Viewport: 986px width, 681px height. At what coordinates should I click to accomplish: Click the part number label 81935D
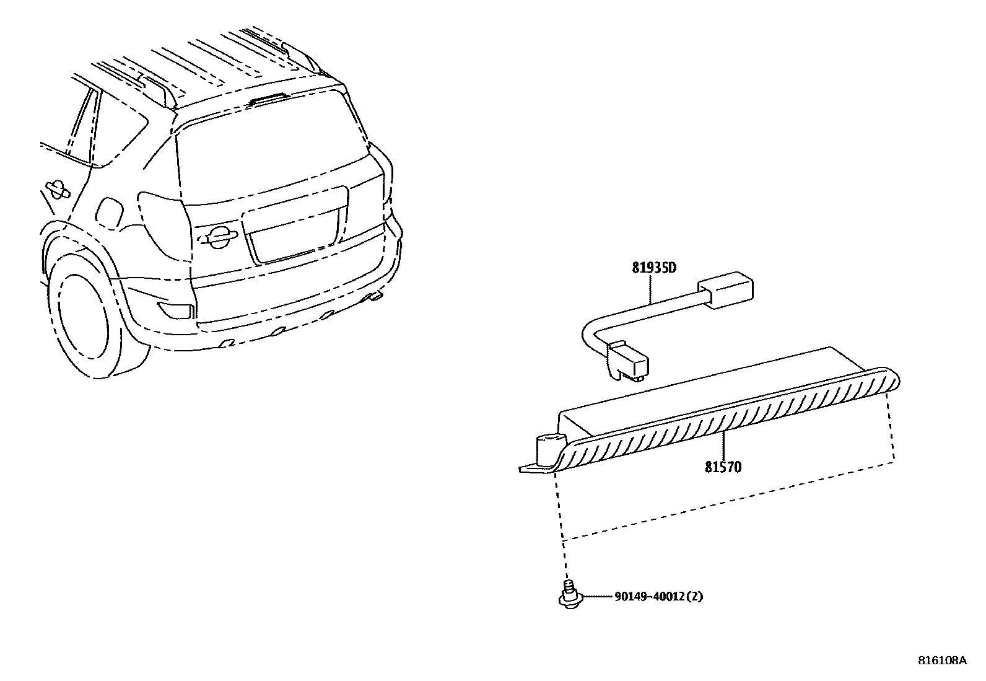click(x=653, y=268)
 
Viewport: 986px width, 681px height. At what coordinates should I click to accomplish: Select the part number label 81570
click(x=723, y=467)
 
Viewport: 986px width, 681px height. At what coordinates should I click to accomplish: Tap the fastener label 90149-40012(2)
click(x=659, y=597)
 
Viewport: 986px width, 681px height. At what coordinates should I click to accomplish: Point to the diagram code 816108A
click(x=942, y=661)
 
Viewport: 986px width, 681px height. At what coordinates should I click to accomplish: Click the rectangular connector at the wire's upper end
click(x=727, y=289)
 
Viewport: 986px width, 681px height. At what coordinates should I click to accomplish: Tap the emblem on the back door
click(x=218, y=235)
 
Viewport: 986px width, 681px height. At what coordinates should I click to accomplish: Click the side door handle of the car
click(x=57, y=188)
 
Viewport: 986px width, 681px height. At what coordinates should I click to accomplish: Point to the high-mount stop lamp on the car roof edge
click(x=269, y=97)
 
